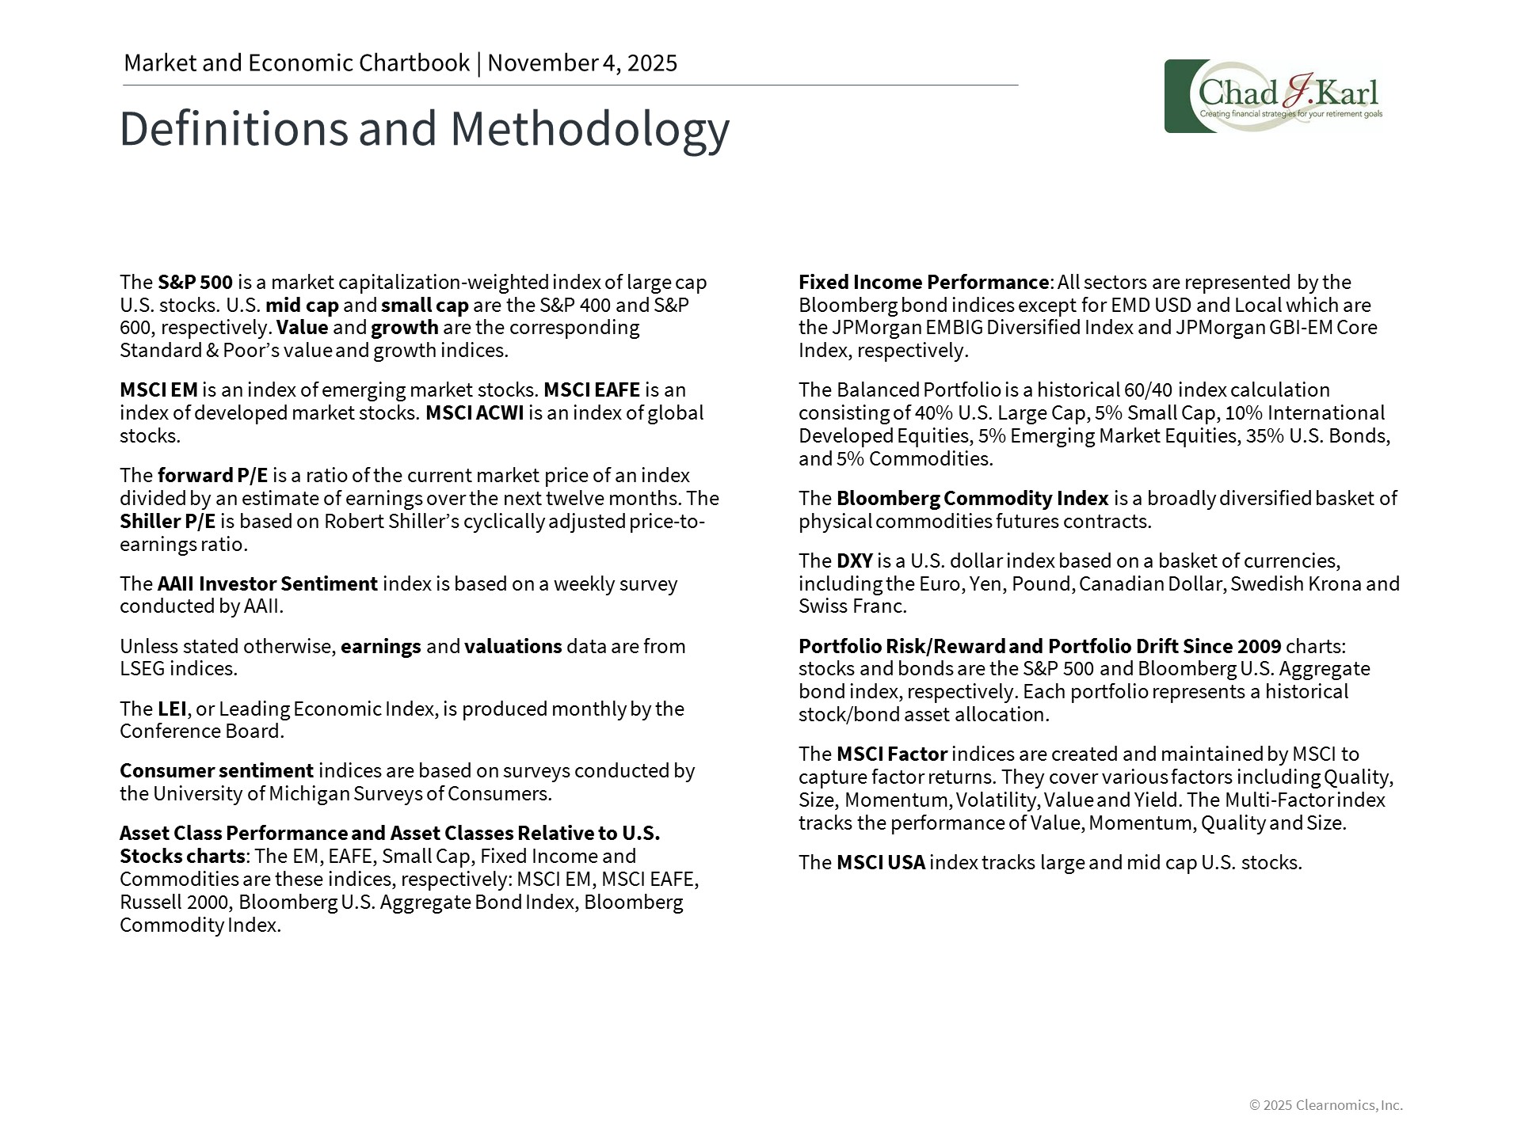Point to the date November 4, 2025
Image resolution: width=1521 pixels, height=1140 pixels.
pos(582,63)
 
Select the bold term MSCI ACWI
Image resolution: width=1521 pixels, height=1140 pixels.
pos(475,413)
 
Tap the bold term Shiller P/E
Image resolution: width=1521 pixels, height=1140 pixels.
pos(167,522)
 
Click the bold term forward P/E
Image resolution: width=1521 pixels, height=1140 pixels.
pos(212,476)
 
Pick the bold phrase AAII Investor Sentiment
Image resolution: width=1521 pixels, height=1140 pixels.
pos(267,584)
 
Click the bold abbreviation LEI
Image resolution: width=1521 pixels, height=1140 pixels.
pos(172,709)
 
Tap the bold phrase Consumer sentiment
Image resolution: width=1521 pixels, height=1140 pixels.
pos(216,771)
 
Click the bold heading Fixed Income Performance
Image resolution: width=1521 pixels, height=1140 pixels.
pos(923,283)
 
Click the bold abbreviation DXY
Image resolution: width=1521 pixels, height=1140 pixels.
pos(854,561)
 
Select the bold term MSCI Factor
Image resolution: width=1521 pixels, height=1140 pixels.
pos(891,754)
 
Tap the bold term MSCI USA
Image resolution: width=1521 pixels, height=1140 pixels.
pos(880,863)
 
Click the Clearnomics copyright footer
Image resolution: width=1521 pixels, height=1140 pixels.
pos(1325,1105)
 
